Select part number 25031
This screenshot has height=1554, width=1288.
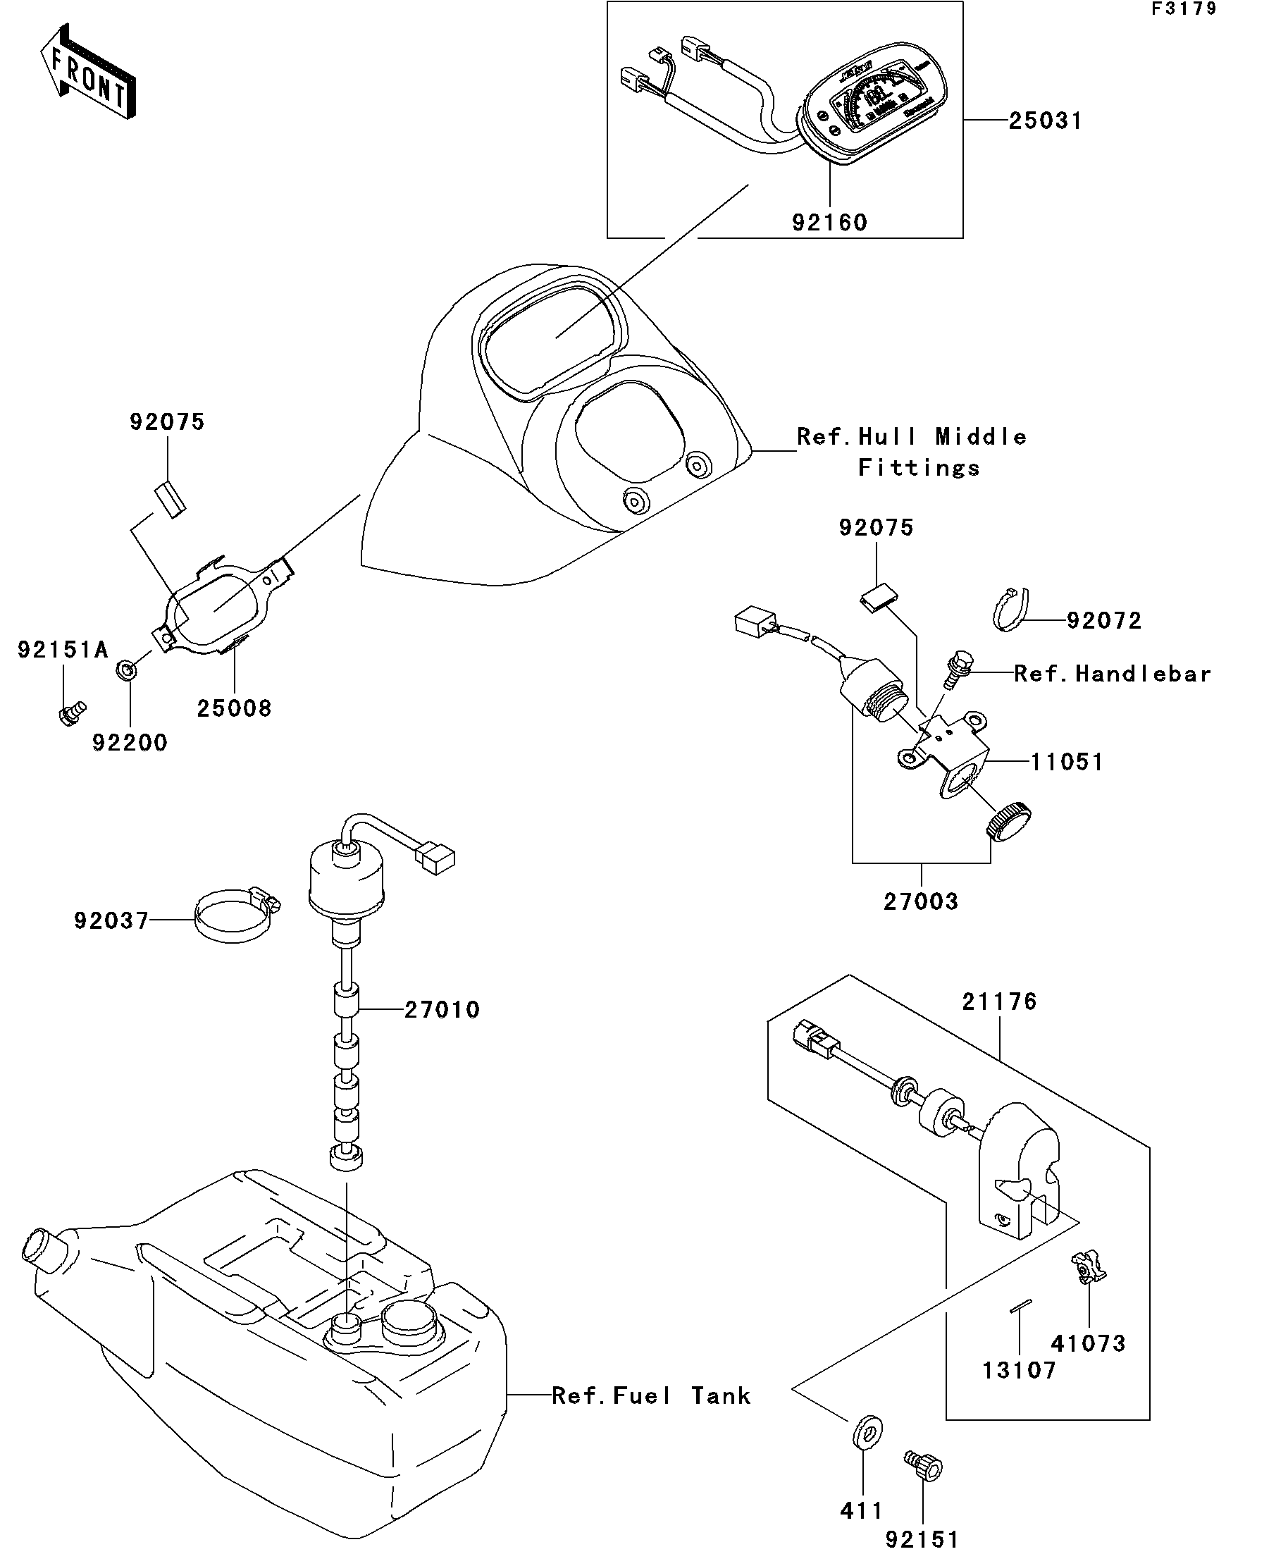click(x=1045, y=121)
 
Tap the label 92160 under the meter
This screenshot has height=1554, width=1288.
click(x=829, y=222)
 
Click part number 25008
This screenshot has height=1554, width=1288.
click(x=234, y=708)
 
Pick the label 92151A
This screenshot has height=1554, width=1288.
click(x=63, y=650)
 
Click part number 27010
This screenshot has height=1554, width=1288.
click(x=442, y=1009)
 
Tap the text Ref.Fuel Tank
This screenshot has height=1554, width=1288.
click(x=651, y=1395)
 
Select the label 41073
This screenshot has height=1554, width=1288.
click(x=1087, y=1343)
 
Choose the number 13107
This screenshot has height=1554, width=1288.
click(x=1019, y=1370)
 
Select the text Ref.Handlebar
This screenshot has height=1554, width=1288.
click(x=1112, y=674)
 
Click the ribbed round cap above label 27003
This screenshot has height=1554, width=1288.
click(x=1008, y=820)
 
